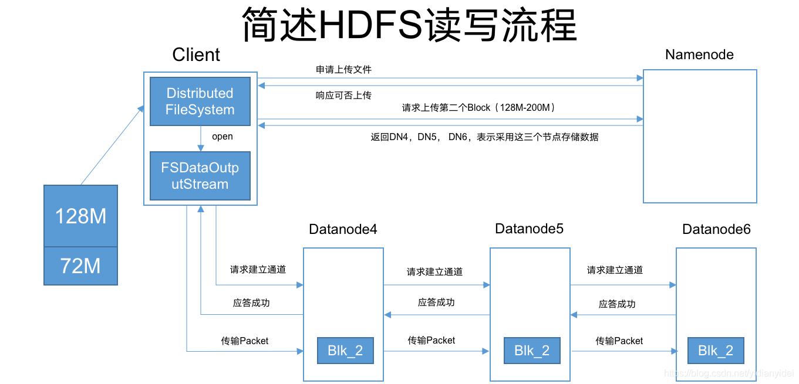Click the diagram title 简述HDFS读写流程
pos(409,25)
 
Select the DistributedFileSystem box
pos(200,101)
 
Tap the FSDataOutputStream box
pos(200,176)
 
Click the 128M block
pos(80,216)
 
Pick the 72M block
pos(80,266)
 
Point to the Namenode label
pos(699,55)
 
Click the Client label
pos(196,55)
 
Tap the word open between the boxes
pos(222,137)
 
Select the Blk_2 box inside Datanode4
pos(345,351)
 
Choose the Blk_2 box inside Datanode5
pos(532,351)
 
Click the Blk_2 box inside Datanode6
pos(716,351)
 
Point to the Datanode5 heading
pos(529,229)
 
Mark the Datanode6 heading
pos(716,229)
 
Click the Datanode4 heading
pos(343,229)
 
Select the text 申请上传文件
pos(343,69)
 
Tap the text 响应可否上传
pos(343,95)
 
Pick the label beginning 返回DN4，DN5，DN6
pos(484,137)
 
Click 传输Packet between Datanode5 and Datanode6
pos(619,341)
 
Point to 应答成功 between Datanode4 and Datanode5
pos(436,303)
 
